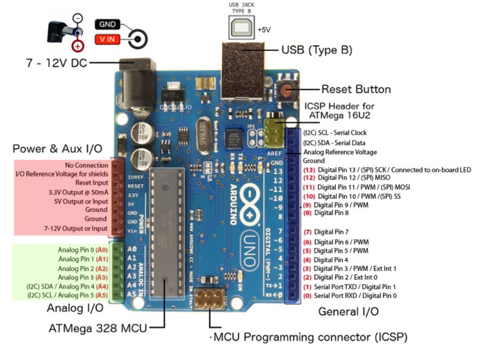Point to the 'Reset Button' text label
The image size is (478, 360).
click(356, 90)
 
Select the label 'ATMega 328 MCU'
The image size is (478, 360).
click(98, 328)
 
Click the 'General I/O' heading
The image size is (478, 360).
click(349, 312)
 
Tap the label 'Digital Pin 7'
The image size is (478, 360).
click(331, 232)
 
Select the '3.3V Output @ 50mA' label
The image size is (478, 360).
click(77, 192)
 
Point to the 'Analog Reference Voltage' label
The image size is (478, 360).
click(340, 152)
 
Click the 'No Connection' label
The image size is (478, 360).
click(87, 165)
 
